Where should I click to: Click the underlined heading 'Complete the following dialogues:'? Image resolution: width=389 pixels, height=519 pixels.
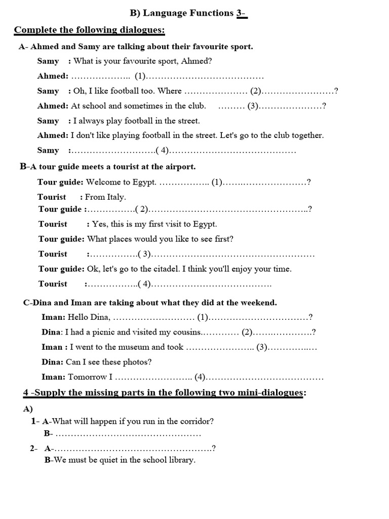point(90,30)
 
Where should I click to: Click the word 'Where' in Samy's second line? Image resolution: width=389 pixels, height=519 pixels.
point(170,91)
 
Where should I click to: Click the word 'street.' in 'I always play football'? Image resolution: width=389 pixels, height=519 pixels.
point(187,121)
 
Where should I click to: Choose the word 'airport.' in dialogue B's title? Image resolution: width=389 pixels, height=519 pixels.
point(180,166)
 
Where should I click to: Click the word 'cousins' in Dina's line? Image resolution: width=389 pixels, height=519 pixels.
point(187,332)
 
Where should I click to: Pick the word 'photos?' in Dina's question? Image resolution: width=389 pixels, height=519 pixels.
point(137,362)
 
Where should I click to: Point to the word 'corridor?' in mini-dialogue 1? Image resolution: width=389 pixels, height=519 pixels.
point(196,421)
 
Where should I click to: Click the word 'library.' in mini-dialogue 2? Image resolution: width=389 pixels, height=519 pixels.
point(180,460)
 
